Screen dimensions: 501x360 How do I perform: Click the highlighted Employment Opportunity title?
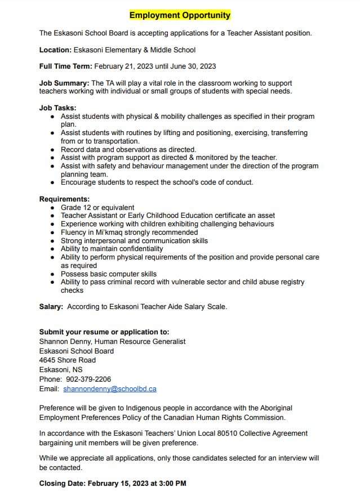[180, 15]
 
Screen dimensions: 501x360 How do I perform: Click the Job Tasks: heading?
[57, 108]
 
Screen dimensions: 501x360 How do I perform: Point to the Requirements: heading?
[64, 199]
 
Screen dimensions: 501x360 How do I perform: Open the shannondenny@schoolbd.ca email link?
[110, 388]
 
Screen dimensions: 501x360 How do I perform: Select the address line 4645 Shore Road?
[68, 360]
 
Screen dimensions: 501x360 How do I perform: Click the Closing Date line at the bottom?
[113, 483]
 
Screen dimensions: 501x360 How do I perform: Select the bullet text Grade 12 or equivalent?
[97, 207]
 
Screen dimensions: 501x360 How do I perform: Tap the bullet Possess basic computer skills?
[109, 274]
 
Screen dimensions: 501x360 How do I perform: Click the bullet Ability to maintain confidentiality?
[112, 248]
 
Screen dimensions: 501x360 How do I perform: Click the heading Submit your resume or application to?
[104, 332]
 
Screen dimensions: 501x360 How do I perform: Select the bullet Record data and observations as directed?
[128, 150]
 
